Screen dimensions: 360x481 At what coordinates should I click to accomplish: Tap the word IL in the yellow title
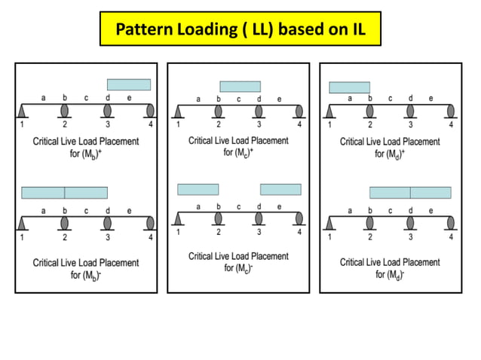point(355,31)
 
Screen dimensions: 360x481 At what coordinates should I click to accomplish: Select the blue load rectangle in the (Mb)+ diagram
point(129,84)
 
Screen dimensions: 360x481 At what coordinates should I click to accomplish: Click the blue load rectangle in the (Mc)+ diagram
point(240,87)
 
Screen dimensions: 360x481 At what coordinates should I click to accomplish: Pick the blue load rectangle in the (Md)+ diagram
point(349,87)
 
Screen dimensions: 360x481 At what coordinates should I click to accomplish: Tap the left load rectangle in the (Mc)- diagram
point(198,189)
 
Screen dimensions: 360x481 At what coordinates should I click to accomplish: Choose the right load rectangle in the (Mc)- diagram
point(280,189)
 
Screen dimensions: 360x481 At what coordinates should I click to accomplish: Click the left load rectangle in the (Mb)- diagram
point(43,193)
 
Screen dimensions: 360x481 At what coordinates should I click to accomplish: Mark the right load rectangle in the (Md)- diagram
point(430,192)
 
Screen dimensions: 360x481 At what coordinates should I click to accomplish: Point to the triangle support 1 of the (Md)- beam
point(329,224)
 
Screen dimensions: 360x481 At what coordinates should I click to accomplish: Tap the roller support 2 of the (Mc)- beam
point(219,218)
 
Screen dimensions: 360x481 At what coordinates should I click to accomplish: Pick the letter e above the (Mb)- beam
point(129,211)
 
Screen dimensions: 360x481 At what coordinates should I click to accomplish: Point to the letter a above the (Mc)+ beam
point(198,99)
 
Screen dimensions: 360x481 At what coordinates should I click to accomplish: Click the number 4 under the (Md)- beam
point(451,237)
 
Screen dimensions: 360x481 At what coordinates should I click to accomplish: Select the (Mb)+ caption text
point(86,146)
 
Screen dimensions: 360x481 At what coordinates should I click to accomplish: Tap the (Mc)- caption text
point(238,262)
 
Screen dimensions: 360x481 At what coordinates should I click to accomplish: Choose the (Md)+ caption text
point(390,147)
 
